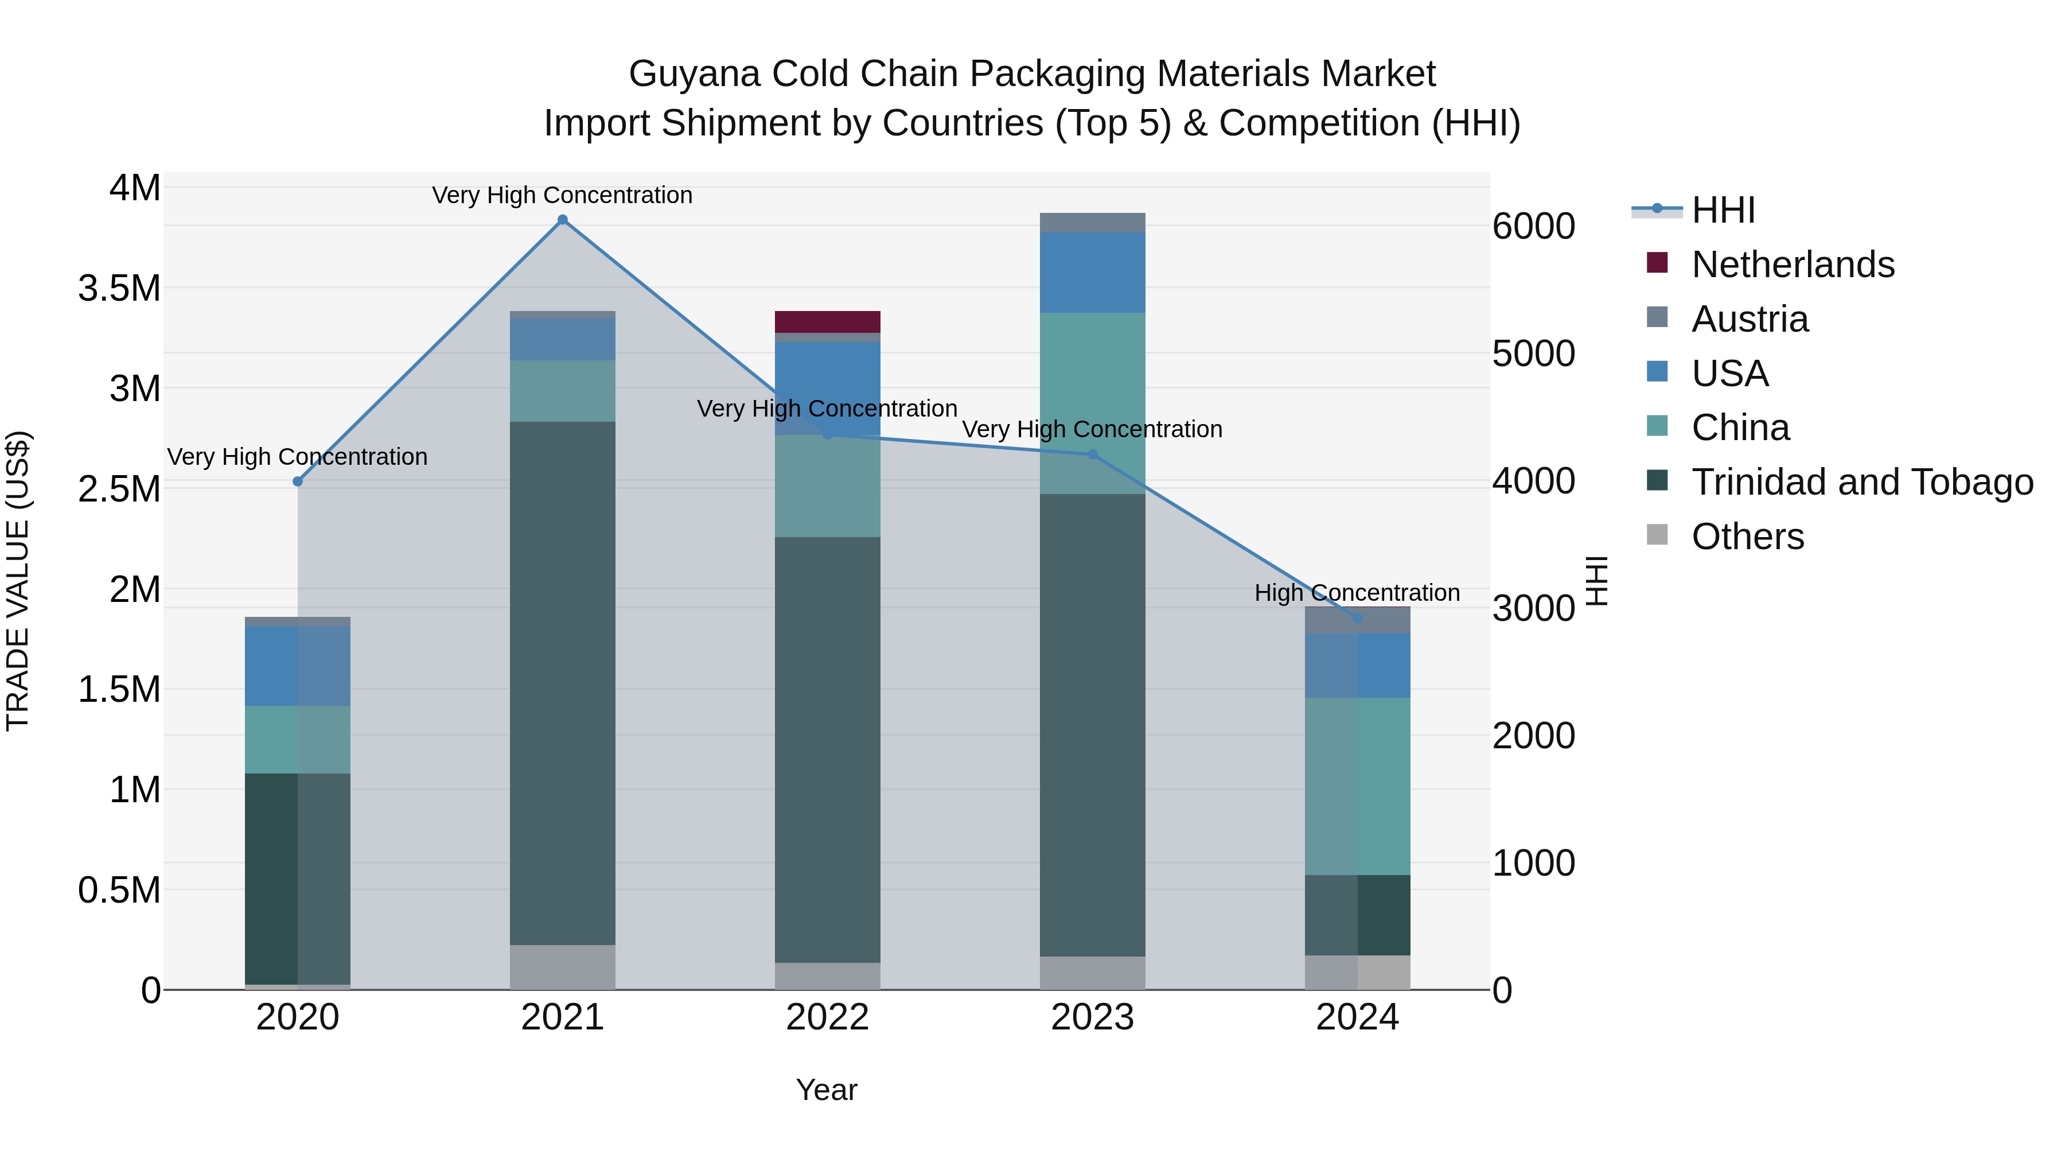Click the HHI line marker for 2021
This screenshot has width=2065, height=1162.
(x=562, y=220)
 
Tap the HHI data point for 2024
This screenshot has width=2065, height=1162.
(x=1357, y=618)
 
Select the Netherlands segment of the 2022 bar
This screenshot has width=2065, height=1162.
(x=827, y=321)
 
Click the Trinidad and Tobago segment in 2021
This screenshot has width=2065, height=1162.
(x=562, y=682)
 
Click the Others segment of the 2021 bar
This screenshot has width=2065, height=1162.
(x=562, y=966)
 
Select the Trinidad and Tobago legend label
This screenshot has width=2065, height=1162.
(x=1862, y=482)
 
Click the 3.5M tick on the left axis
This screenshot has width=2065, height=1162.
(x=119, y=289)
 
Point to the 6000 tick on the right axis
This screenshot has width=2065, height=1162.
(x=1533, y=226)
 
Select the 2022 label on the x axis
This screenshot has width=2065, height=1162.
(x=827, y=1017)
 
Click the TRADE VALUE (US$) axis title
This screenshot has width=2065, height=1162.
(x=18, y=581)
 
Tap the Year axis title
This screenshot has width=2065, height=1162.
(x=827, y=1090)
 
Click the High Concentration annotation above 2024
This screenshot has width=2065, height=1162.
(x=1357, y=593)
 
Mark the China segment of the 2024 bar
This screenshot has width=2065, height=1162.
(x=1357, y=786)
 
